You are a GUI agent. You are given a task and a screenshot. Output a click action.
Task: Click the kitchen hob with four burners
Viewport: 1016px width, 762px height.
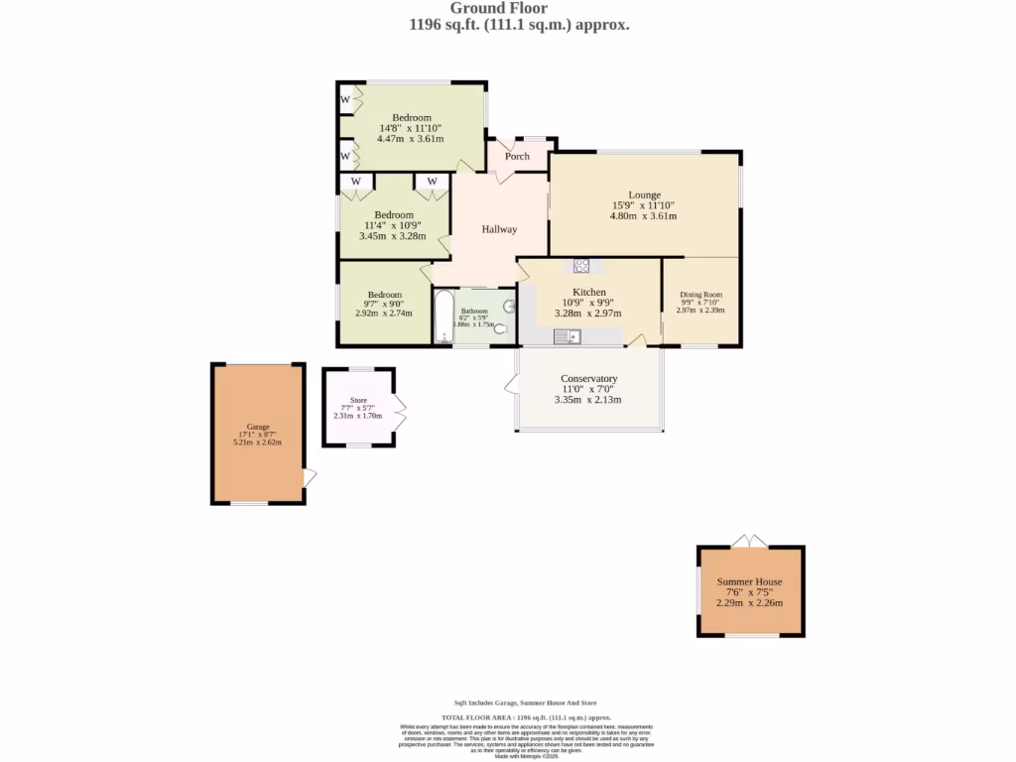[581, 265]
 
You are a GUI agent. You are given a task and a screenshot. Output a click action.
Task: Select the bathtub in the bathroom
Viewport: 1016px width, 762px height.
[443, 317]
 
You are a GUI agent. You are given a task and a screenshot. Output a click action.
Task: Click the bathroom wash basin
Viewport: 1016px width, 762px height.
[510, 307]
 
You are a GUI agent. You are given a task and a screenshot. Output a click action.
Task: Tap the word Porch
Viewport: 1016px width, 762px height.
[517, 157]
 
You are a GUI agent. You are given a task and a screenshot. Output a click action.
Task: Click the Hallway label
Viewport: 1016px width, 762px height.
[499, 229]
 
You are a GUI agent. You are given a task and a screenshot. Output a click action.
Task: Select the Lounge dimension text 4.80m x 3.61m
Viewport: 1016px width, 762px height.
[643, 216]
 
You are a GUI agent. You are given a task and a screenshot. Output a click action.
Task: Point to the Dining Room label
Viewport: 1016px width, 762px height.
[700, 295]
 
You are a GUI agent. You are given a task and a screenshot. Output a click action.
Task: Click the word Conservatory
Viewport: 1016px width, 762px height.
[589, 379]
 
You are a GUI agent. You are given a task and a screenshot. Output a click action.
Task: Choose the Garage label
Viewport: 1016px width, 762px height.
[258, 427]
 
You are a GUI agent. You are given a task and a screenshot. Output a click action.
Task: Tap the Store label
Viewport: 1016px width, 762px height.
[358, 401]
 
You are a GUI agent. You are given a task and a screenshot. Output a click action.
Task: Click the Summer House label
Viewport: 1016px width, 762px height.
[750, 582]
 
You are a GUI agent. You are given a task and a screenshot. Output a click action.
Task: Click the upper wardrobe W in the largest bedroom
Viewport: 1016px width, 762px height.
[345, 99]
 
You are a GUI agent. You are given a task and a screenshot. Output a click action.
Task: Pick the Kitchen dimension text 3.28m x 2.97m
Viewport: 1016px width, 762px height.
[588, 314]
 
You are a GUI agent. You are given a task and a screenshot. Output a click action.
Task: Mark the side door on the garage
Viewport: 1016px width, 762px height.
[310, 477]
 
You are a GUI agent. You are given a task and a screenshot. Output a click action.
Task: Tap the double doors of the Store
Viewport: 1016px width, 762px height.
[400, 409]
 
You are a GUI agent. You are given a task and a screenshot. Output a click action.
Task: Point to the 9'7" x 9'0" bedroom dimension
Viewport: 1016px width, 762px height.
[384, 305]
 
